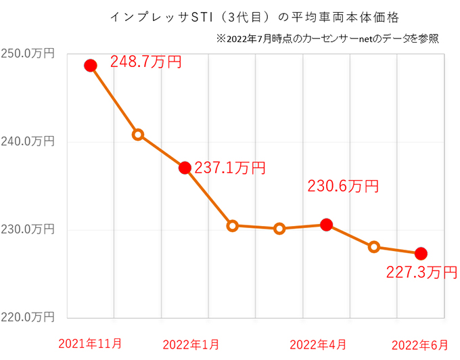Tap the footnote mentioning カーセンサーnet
point(328,38)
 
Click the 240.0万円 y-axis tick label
point(28,142)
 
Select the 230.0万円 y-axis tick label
point(28,229)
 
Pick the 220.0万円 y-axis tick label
point(28,317)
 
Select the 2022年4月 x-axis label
point(318,344)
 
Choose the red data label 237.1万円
point(230,168)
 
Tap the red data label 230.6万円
point(343,186)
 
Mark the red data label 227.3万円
point(421,272)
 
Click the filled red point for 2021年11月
point(91,66)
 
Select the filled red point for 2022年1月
point(185,168)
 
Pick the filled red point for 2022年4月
point(326,225)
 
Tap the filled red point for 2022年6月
point(420,254)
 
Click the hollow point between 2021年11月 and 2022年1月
point(138,135)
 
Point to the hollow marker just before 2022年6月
point(373,247)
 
